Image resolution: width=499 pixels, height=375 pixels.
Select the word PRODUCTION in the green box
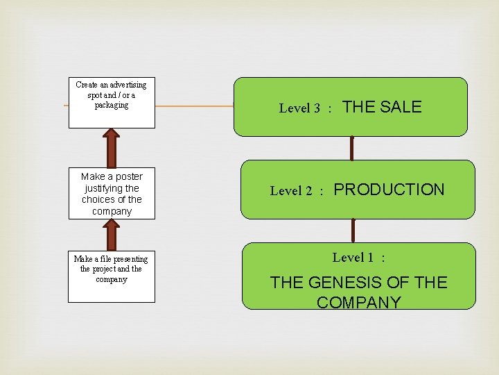click(389, 190)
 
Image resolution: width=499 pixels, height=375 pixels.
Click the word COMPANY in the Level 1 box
click(358, 303)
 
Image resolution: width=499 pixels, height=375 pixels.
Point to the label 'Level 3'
click(299, 108)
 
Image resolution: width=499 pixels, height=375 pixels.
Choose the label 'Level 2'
click(291, 191)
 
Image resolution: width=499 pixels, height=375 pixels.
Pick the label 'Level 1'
click(353, 258)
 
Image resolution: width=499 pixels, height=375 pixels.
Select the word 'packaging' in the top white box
click(112, 105)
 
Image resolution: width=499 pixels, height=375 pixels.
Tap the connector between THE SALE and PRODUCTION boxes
click(352, 148)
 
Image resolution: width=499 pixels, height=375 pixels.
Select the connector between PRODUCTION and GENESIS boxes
click(353, 231)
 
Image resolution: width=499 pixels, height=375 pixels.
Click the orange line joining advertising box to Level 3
click(194, 106)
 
